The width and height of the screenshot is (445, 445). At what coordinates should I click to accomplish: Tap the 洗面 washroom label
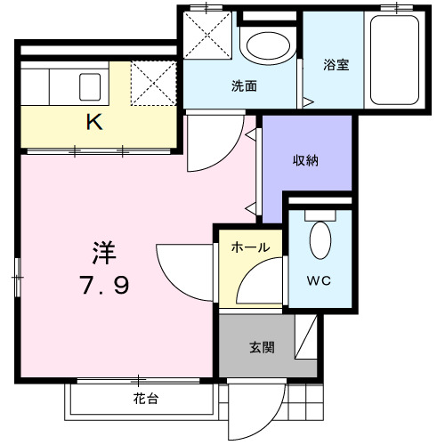(244, 86)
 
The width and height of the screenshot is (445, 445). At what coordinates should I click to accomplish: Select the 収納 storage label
(306, 161)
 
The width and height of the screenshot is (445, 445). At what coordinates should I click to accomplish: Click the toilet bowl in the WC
(320, 240)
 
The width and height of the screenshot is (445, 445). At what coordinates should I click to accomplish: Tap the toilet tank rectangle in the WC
(320, 214)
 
